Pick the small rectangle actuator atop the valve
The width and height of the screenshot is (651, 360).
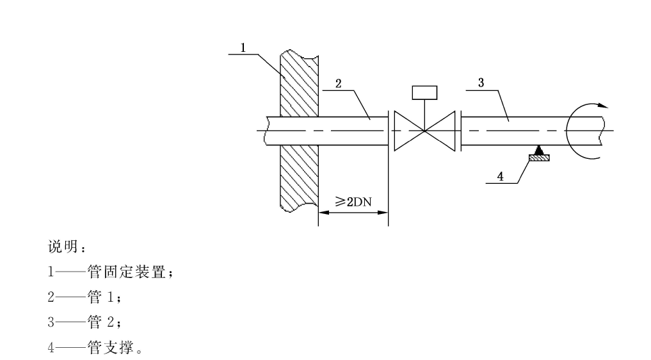coord(424,93)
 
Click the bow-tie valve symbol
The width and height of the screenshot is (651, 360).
coord(424,131)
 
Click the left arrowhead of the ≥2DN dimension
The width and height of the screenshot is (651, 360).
coord(323,212)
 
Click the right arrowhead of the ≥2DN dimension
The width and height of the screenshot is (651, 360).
coord(384,212)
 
